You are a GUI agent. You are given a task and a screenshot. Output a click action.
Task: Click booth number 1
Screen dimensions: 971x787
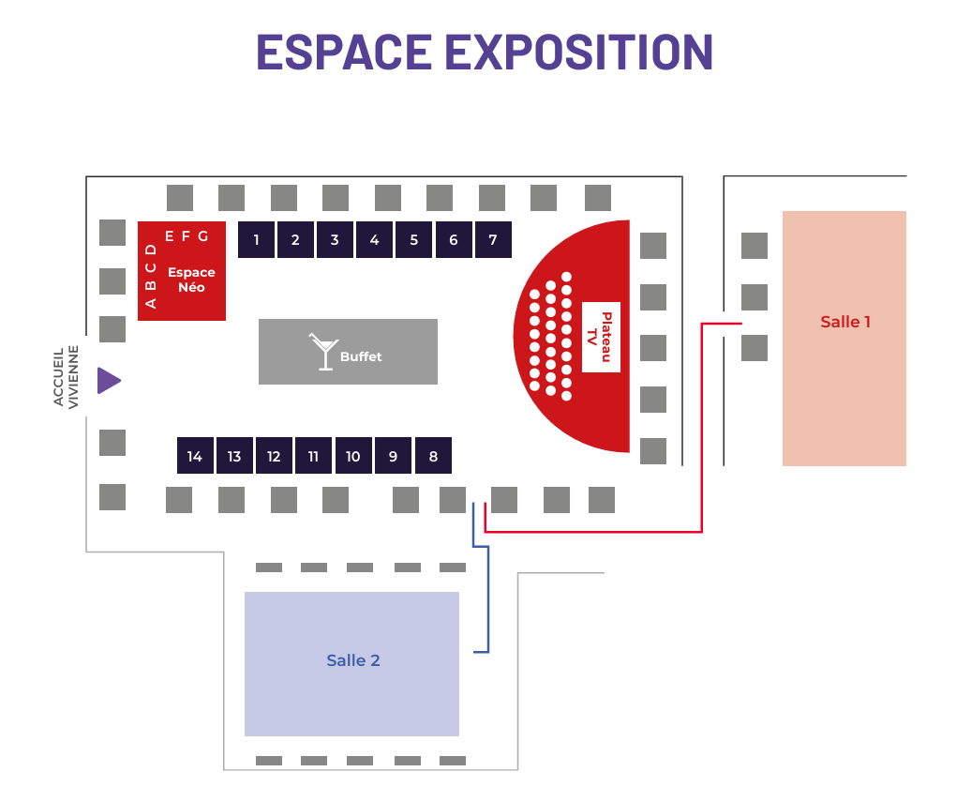click(257, 240)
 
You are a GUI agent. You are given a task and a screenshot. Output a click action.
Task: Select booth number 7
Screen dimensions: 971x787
click(493, 240)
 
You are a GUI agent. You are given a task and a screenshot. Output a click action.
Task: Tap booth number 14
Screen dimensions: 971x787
click(195, 456)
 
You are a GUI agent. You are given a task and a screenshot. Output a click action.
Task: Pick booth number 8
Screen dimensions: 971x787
click(433, 456)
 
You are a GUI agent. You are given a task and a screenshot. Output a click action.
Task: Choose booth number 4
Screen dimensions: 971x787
click(375, 240)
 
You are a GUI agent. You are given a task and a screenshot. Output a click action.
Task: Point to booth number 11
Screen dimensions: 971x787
click(313, 456)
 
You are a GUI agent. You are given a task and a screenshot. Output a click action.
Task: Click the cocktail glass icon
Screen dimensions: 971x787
click(324, 352)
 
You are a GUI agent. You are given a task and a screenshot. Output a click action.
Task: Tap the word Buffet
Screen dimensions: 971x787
click(361, 357)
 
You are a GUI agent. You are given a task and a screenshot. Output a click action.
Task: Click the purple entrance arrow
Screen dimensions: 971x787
click(109, 381)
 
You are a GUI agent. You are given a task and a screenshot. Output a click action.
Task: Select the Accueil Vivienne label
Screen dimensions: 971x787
click(66, 377)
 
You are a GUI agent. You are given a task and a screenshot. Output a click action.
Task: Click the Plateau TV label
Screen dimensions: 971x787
click(600, 337)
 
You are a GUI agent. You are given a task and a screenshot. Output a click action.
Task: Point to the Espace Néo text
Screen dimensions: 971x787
click(191, 280)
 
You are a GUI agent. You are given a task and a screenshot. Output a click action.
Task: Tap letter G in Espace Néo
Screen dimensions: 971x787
click(202, 236)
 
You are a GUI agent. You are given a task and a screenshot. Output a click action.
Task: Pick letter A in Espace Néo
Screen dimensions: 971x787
click(151, 304)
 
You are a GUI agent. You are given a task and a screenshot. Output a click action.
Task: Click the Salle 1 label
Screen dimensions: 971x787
click(845, 322)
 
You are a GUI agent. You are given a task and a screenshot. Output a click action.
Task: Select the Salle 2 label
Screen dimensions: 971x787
click(353, 660)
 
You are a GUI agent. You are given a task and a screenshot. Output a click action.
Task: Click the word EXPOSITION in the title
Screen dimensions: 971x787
click(579, 52)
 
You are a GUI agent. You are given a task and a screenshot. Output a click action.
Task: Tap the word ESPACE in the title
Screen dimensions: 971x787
click(344, 52)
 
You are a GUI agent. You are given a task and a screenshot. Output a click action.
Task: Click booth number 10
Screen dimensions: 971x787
click(353, 456)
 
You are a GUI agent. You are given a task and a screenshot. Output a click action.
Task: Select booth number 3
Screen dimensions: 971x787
click(335, 240)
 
